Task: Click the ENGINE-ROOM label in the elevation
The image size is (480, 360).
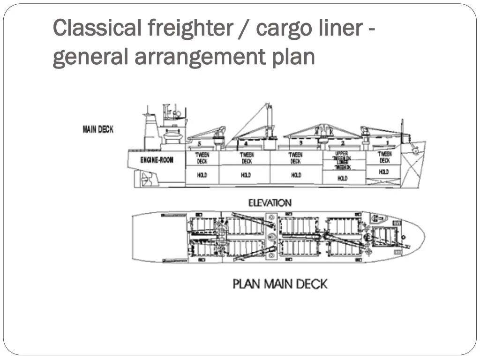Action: pyautogui.click(x=157, y=160)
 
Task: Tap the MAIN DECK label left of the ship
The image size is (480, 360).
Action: pyautogui.click(x=98, y=129)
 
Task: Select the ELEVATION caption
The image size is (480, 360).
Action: pyautogui.click(x=270, y=202)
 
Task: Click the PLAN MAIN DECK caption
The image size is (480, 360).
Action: pyautogui.click(x=280, y=284)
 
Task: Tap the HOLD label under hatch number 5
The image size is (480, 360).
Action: pyautogui.click(x=202, y=175)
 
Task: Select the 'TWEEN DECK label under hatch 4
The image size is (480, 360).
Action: pyautogui.click(x=247, y=158)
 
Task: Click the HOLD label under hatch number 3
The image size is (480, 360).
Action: pyautogui.click(x=296, y=175)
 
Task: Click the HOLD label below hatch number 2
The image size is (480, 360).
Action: pyautogui.click(x=343, y=178)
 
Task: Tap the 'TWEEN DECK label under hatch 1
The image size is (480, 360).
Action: pyautogui.click(x=384, y=157)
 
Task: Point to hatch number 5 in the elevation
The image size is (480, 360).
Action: pyautogui.click(x=199, y=143)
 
